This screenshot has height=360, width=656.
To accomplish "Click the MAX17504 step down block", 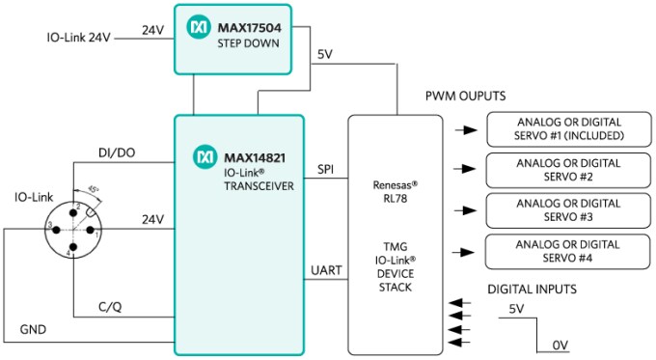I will pos(232,38).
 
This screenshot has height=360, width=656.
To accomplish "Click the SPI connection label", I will pos(326,169).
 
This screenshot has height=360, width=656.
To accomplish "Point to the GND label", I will pos(33,329).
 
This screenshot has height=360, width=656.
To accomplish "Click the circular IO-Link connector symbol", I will pos(72,227).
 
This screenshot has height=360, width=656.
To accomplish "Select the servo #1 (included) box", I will pos(568,129).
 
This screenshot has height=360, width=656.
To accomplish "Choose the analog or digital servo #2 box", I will pos(568,171).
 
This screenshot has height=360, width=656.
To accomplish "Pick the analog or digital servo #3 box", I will pos(568,210).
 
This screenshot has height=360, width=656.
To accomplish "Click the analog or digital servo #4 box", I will pos(568,251).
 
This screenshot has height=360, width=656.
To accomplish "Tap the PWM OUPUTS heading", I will pos(466,97).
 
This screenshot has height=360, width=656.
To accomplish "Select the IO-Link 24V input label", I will pos(79,39).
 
